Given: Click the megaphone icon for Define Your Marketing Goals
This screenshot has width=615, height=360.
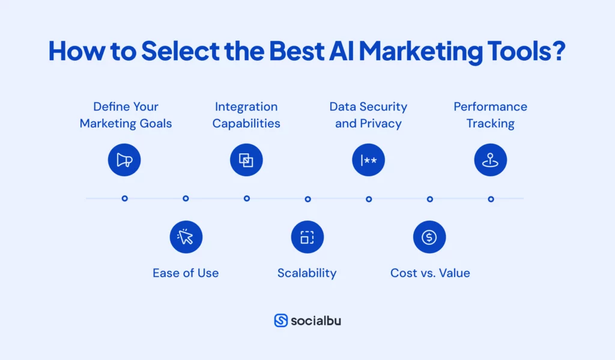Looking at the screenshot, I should click(x=124, y=160).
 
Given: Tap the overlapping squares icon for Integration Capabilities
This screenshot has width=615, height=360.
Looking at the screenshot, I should click(x=246, y=160).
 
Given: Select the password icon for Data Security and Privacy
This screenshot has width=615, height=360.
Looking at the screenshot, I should click(x=368, y=160).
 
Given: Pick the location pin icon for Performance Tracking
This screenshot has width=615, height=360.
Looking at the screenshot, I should click(x=491, y=160).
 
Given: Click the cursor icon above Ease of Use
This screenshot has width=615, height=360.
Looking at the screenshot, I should click(x=186, y=237).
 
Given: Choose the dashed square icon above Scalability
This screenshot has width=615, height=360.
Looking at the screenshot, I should click(x=307, y=237).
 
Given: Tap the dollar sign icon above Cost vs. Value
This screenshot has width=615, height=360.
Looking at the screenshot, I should click(x=429, y=237).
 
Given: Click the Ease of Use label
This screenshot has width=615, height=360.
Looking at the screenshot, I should click(x=186, y=273).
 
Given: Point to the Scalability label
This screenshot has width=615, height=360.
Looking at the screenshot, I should click(x=307, y=273).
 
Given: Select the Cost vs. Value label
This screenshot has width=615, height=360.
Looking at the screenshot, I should click(x=430, y=273).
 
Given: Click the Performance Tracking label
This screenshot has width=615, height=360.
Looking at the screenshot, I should click(x=491, y=115).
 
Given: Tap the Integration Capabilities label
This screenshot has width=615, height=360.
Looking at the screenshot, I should click(x=246, y=115).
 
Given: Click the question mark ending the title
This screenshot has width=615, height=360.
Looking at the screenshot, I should click(x=559, y=52).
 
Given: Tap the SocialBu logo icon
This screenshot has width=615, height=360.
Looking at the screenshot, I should click(x=280, y=320).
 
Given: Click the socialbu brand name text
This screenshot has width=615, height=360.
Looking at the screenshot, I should click(x=316, y=320).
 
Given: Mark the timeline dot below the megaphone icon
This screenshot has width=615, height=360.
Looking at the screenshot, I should click(x=124, y=198).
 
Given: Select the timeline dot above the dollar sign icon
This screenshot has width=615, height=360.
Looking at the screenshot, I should click(x=430, y=199).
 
